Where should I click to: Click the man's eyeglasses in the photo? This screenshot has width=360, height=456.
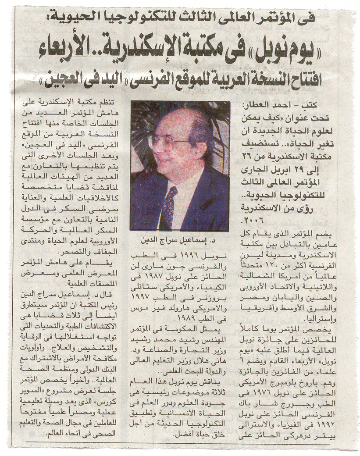coord(169,141)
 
